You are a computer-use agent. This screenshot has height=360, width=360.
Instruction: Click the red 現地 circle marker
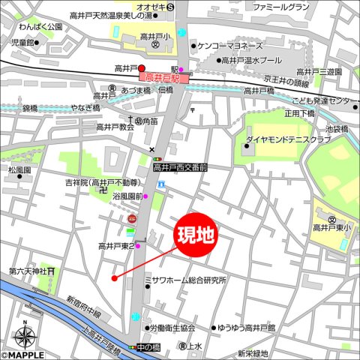tap(195, 235)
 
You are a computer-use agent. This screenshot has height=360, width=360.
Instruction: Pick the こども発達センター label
tap(324, 100)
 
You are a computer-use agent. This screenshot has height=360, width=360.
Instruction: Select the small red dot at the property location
tap(114, 278)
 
